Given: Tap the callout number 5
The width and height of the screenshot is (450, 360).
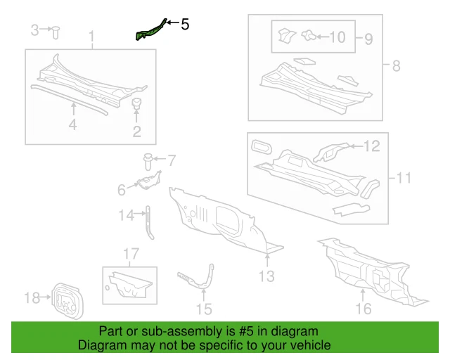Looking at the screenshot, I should (x=185, y=25).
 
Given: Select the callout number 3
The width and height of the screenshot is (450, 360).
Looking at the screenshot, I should (x=35, y=30).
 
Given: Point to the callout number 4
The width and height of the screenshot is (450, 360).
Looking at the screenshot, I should (x=72, y=125).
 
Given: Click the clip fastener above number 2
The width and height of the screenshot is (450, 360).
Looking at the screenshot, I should (x=136, y=105).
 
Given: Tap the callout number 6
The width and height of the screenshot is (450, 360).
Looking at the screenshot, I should (x=121, y=188).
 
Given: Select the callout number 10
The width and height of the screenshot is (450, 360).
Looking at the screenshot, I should (x=337, y=36).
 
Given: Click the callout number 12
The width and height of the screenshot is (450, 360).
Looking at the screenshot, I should (x=371, y=146).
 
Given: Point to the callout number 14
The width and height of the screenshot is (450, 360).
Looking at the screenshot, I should (x=126, y=216).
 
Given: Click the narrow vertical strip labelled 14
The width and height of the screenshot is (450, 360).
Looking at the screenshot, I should (x=149, y=222).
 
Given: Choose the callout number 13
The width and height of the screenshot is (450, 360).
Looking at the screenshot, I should (x=266, y=276).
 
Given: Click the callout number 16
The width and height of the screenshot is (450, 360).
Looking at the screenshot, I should (x=363, y=307).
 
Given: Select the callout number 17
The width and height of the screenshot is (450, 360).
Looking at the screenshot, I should (x=131, y=253).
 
